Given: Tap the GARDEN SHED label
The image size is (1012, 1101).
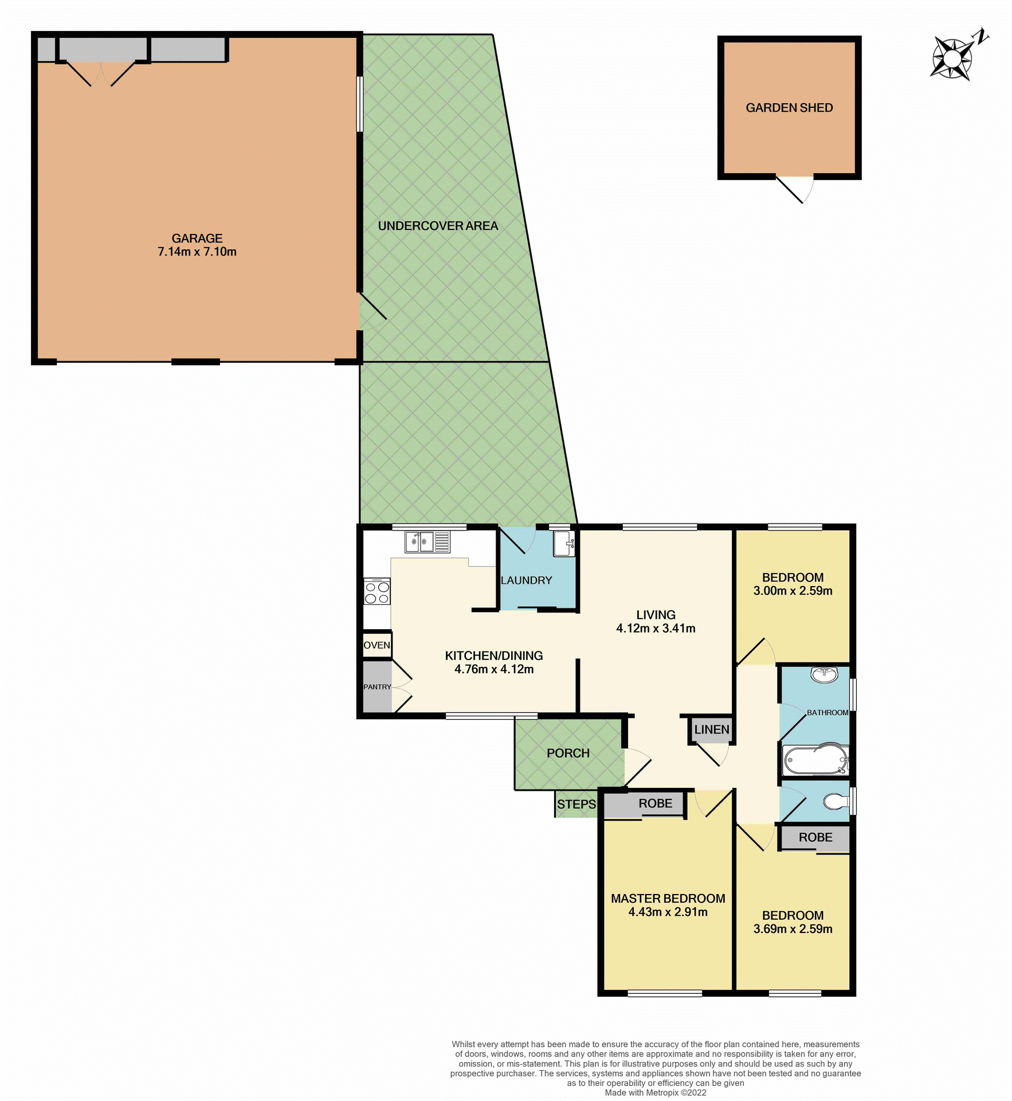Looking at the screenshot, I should (x=789, y=108).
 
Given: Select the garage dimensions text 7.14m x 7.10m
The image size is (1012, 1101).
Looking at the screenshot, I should (x=197, y=252).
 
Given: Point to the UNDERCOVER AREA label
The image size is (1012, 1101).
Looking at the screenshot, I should (x=437, y=226).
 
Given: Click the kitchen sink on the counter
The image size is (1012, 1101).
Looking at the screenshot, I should (x=427, y=541).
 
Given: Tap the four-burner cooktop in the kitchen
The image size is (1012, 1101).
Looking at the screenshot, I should (x=376, y=592).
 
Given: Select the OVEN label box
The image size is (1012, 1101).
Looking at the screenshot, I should (x=376, y=645).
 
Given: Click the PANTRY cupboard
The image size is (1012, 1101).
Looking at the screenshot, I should (x=376, y=687).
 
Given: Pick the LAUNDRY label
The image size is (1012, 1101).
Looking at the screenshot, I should (x=525, y=580).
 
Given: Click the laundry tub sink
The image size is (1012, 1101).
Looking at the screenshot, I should (x=563, y=543).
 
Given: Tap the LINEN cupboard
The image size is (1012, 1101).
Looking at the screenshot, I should (x=711, y=729).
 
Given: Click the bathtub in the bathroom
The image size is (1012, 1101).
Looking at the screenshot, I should (x=814, y=760).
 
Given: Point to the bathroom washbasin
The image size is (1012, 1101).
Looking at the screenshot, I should (x=824, y=674).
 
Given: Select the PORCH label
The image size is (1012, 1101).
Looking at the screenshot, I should (x=567, y=753).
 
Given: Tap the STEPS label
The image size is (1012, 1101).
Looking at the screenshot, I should (x=576, y=804).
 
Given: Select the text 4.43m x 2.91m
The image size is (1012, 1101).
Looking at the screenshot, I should (x=667, y=912).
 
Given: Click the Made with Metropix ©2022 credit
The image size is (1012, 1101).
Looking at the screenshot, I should (x=655, y=1092).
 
